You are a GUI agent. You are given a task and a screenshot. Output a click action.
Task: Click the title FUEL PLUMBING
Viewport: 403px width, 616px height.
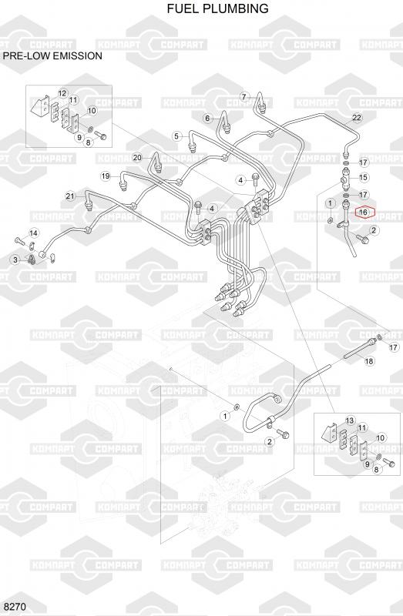pos(217,8)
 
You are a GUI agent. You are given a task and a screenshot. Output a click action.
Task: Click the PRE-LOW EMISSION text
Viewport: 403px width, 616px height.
pos(52,55)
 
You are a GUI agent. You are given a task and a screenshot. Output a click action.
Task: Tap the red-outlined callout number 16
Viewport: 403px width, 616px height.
pos(363,213)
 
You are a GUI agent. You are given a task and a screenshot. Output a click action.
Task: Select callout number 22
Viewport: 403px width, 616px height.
pos(357,118)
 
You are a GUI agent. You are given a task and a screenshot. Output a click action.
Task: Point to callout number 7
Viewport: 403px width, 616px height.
pos(244,97)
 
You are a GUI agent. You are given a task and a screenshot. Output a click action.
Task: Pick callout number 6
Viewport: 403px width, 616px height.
pos(208,119)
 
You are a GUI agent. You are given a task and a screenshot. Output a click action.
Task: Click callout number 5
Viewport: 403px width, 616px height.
pos(177,136)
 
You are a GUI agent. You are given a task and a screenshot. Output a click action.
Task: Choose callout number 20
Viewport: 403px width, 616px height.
pos(137,158)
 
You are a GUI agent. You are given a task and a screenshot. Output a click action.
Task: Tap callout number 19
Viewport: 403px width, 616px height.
pos(106,176)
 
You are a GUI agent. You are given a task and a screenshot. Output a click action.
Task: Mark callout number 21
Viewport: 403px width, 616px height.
pos(70,196)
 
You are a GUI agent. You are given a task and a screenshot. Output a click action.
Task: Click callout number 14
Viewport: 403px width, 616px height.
pos(34,233)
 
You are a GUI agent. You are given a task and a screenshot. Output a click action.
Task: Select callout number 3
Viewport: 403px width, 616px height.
pos(15,259)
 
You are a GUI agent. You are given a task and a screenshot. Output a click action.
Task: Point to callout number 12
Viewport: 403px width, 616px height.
pos(62,93)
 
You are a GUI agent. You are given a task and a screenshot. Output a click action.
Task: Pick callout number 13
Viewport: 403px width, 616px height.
pos(350,420)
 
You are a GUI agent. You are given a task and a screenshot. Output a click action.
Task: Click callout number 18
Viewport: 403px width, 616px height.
pos(369,361)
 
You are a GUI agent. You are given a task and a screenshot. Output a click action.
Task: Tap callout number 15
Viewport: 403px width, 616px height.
pos(364,177)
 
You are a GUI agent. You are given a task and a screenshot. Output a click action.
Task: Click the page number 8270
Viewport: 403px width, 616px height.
pos(15,607)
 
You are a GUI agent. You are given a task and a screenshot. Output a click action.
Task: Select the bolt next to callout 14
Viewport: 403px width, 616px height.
pos(19,240)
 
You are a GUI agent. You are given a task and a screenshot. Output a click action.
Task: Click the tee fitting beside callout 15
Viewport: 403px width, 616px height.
pos(346,178)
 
